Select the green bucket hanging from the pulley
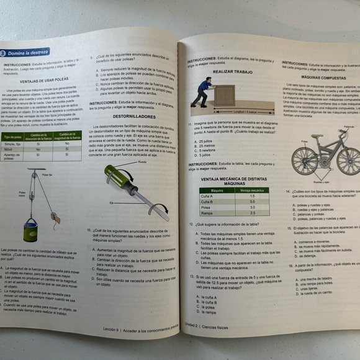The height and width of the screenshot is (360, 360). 31,230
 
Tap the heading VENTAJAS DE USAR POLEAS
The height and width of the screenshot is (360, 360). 43,81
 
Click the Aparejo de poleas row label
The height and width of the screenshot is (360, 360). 13,156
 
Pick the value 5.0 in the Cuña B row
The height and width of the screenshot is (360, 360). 252,201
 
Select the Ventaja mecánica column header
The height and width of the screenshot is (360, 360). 252,190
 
